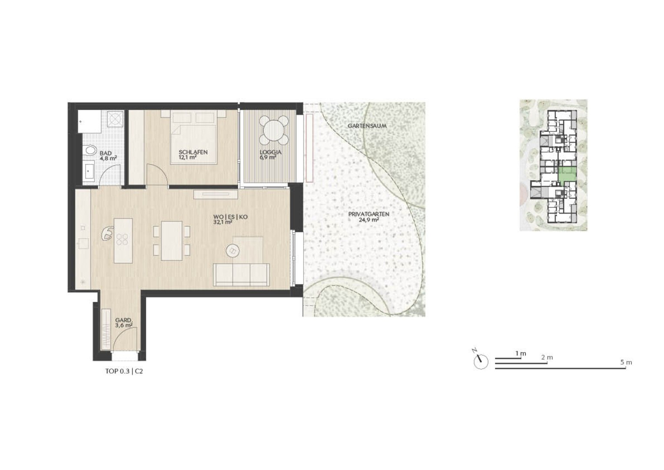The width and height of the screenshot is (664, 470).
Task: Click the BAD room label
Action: (106, 153)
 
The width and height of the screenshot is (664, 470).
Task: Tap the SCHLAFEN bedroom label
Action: (193, 152)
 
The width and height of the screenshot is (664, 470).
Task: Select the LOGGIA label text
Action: (271, 152)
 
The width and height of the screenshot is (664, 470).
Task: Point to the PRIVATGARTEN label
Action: (369, 214)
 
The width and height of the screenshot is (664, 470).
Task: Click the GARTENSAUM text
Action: (367, 126)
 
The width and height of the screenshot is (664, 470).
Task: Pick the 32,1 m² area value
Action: (222, 222)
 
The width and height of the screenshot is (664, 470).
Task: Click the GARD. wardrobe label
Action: (123, 320)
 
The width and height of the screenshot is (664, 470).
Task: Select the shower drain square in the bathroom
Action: (115, 119)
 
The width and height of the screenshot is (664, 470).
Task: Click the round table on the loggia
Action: (274, 130)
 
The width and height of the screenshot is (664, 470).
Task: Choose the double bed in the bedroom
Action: (193, 137)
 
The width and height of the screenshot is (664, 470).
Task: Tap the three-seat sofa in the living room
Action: (241, 275)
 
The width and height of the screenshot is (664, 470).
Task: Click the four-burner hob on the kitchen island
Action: (123, 239)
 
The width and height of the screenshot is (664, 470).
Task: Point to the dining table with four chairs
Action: (172, 241)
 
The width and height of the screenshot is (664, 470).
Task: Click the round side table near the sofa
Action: (232, 251)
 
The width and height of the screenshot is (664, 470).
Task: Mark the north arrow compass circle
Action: (481, 362)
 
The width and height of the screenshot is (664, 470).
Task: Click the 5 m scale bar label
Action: (626, 363)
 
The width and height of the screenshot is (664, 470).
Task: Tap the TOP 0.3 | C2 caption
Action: (124, 371)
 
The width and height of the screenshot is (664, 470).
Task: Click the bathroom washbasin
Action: (89, 171)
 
